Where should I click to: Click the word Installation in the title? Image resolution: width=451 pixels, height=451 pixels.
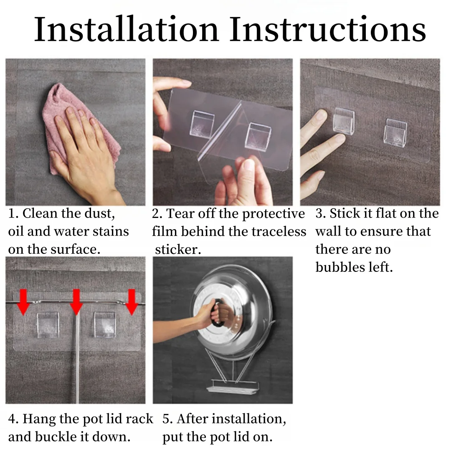coord(126,29)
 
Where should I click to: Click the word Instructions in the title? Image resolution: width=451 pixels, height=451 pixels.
coord(328,29)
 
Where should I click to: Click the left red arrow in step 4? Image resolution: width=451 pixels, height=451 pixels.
coord(23,302)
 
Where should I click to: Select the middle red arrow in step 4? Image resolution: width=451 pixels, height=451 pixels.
coord(76,302)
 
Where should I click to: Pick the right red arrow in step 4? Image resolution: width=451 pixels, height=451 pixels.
coord(132,302)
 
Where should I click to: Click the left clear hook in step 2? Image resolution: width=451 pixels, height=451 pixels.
coord(202,124)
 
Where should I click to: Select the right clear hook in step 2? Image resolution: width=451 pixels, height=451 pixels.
coord(258,135)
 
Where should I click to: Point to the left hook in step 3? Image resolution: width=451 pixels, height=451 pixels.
coord(344,121)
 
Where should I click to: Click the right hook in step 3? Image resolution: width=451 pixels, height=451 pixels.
coord(395,132)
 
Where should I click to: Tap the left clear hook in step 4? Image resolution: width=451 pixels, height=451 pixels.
coord(48,325)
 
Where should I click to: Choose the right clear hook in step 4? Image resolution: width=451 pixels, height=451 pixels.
coord(105,325)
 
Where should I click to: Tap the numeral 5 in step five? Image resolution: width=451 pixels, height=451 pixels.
coord(166,419)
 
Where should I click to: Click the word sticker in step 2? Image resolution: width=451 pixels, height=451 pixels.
coord(178,249)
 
